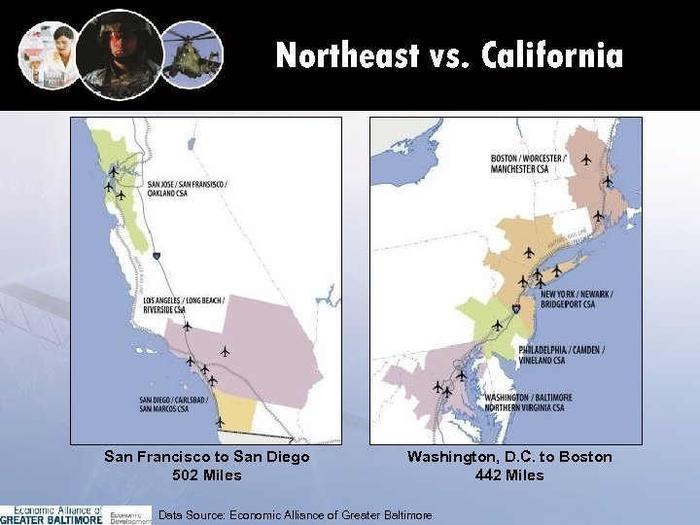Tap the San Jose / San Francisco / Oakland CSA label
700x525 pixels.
186,188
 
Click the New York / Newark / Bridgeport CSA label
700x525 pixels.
577,298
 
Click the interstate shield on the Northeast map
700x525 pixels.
516,309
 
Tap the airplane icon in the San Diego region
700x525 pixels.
220,422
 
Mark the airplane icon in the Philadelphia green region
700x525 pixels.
498,325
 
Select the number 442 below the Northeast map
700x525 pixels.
491,475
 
